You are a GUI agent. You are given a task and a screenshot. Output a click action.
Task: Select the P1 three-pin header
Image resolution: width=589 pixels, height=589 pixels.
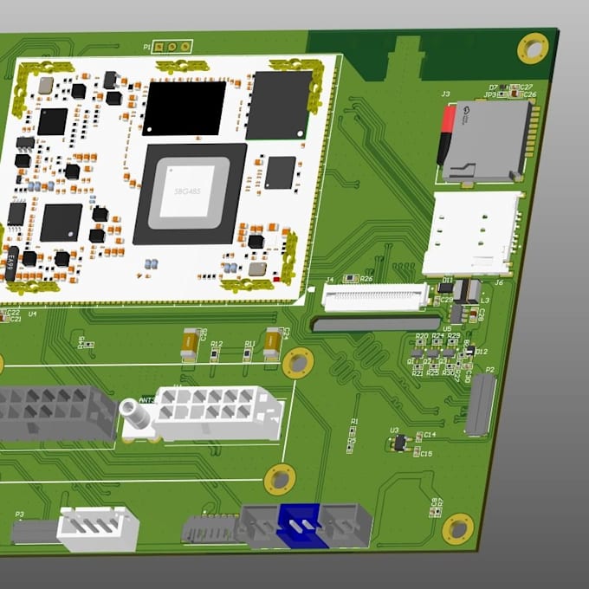pos(172,47)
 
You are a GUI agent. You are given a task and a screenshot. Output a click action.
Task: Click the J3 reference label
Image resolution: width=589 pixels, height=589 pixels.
pos(445,93)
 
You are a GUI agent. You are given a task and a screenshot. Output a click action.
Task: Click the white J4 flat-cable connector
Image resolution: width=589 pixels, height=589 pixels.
pos(374,297)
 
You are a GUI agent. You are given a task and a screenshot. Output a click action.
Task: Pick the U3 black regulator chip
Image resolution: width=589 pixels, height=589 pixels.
pos(398,443)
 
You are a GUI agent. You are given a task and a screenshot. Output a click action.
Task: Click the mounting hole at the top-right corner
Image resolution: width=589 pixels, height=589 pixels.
pos(532,48)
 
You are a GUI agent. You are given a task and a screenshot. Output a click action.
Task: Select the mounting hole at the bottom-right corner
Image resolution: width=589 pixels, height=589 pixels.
pos(457,528)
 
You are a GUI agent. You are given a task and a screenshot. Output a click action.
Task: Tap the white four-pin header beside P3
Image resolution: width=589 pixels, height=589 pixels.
pos(98,528)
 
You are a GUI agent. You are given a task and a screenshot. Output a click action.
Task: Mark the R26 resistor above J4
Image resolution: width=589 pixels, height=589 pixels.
pos(351,279)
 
